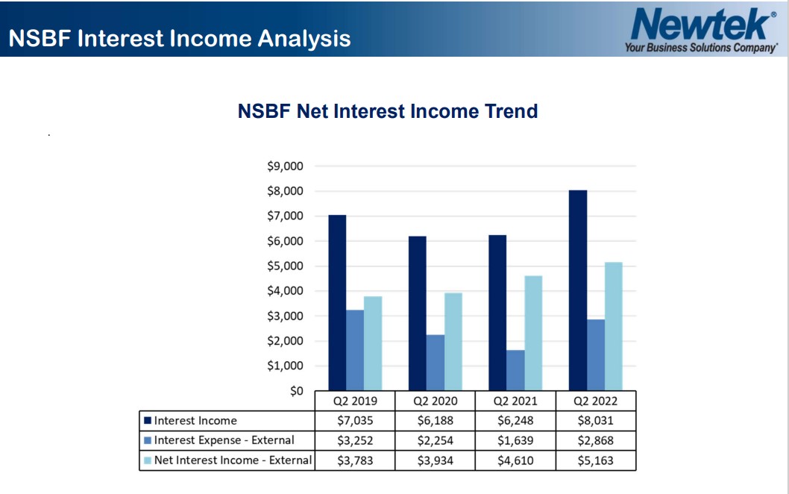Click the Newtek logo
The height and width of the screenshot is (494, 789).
(702, 30)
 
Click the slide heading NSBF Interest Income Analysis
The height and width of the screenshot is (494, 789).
(180, 38)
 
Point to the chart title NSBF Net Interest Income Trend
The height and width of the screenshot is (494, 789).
(388, 110)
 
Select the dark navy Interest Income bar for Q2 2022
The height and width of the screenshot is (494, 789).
(578, 290)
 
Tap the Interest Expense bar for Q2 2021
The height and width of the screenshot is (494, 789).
(515, 370)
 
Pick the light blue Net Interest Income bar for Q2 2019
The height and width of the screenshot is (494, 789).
(373, 343)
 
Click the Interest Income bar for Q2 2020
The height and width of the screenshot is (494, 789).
(417, 313)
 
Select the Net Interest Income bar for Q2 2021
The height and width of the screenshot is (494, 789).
(533, 333)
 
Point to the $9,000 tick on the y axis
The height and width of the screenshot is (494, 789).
(286, 166)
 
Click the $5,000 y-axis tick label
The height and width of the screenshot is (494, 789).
(286, 266)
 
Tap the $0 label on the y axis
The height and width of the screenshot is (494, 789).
(296, 391)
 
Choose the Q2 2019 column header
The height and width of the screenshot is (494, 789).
(355, 401)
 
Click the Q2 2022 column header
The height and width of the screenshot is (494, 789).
(595, 401)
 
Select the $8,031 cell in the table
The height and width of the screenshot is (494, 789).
(595, 420)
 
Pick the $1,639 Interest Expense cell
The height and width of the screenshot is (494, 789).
(515, 440)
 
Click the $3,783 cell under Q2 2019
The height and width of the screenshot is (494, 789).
(355, 460)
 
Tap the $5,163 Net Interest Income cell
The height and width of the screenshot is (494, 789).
(595, 460)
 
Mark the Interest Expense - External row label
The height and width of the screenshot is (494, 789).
(224, 440)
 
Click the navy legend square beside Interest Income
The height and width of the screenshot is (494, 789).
(148, 420)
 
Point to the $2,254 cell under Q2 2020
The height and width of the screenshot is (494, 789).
(436, 440)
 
